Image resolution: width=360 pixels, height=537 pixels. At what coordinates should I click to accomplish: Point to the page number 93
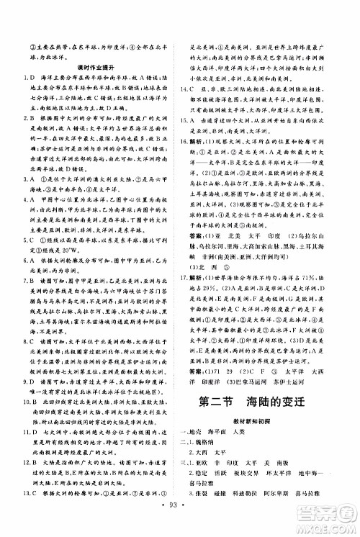(180, 520)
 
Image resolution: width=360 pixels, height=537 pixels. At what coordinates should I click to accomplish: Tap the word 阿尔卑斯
(287, 496)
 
